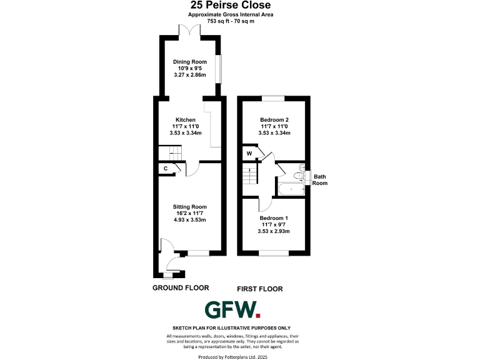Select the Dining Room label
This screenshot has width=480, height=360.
(x=189, y=62)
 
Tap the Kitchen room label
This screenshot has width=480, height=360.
(x=186, y=120)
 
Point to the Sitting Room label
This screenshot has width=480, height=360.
(x=189, y=207)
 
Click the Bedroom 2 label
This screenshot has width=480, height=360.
(x=274, y=119)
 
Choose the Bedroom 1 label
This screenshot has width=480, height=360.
(x=274, y=218)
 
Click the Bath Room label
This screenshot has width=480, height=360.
(x=320, y=180)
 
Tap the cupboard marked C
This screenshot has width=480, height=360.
(x=166, y=169)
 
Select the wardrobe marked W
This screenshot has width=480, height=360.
(x=249, y=153)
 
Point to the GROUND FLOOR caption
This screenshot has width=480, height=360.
(x=181, y=287)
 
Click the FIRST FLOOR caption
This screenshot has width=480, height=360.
(x=260, y=289)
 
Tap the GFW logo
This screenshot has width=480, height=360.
(x=232, y=310)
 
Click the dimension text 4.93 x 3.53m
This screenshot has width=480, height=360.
(x=189, y=220)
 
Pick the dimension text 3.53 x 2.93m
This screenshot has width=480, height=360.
(x=274, y=231)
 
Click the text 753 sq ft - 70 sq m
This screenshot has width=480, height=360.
(x=239, y=21)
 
